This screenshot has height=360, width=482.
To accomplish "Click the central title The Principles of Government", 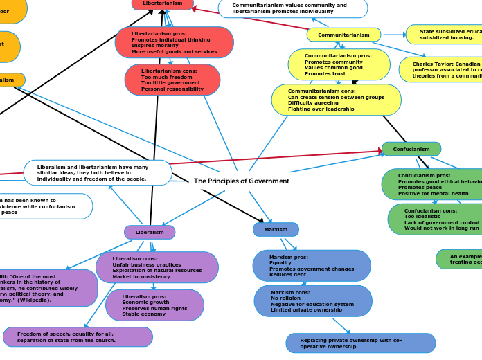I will [x=241, y=181].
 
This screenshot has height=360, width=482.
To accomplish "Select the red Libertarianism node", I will [x=163, y=4].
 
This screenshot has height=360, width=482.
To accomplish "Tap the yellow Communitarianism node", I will [x=343, y=35].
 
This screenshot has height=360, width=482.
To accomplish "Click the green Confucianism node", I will [x=411, y=149].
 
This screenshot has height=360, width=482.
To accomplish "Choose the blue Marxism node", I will [x=276, y=229].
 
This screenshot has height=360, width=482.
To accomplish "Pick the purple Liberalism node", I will [x=150, y=232].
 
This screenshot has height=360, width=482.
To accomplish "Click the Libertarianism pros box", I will [x=174, y=42].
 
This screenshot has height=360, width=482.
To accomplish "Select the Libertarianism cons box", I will [x=172, y=80].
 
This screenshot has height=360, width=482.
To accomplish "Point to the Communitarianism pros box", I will [x=339, y=64].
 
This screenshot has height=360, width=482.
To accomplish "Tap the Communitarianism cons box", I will [x=336, y=100].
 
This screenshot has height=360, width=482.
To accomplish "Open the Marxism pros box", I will [x=311, y=266].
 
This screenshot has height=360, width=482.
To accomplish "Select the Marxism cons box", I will [x=312, y=301].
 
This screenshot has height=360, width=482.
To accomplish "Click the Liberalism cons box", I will [x=157, y=267].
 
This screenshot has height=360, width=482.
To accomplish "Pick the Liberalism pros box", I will [x=154, y=305].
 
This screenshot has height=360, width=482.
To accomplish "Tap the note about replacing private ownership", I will [x=360, y=343].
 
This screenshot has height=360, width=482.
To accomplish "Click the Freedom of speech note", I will [x=78, y=337].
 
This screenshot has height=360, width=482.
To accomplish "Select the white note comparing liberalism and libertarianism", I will [x=98, y=173].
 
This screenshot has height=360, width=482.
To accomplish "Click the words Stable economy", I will [x=144, y=314].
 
